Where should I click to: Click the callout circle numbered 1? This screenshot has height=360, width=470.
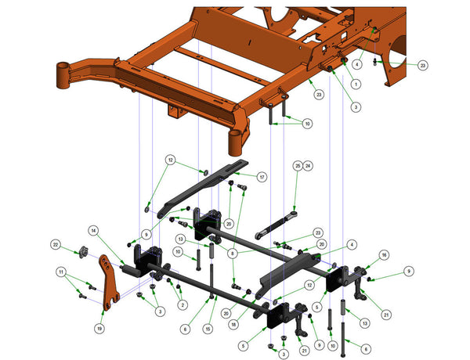pos(356,84)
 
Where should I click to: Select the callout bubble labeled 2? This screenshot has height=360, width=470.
pos(183,305)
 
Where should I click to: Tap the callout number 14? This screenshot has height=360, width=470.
pos(93,231)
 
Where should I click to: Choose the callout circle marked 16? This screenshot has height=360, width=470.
pos(384,255)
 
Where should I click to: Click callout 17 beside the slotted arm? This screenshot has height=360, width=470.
pos(262,177)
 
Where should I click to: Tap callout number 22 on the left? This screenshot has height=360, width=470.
pos(56,245)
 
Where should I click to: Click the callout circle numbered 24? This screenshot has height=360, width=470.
pos(308,166)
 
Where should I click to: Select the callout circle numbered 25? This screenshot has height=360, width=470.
pos(297,166)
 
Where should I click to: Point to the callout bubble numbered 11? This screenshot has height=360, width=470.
pos(60,271)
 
